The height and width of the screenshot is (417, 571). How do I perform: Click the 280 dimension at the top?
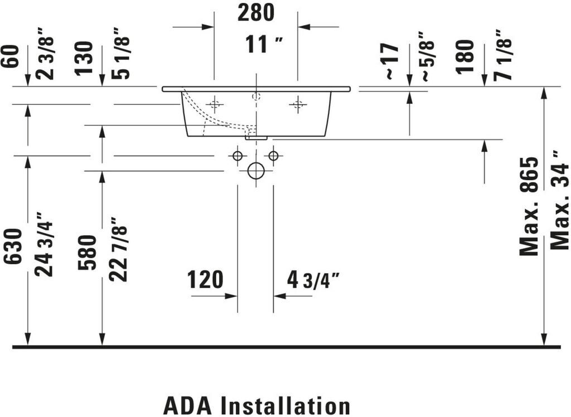[x=256, y=12]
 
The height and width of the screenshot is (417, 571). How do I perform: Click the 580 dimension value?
[x=88, y=252]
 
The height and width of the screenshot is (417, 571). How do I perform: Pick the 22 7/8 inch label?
[x=118, y=249]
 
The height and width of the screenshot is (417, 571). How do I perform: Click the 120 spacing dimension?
[x=205, y=279]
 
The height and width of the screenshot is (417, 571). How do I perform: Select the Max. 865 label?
[x=529, y=206]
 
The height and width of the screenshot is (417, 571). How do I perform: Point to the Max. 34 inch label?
[x=559, y=200]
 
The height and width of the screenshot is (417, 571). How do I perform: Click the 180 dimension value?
[x=464, y=56]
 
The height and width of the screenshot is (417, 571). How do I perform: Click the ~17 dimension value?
[x=391, y=61]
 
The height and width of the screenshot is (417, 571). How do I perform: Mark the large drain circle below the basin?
[x=255, y=171]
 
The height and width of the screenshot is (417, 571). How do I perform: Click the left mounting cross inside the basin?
[x=214, y=104]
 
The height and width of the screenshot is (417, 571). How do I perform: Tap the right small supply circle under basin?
[x=273, y=156]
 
